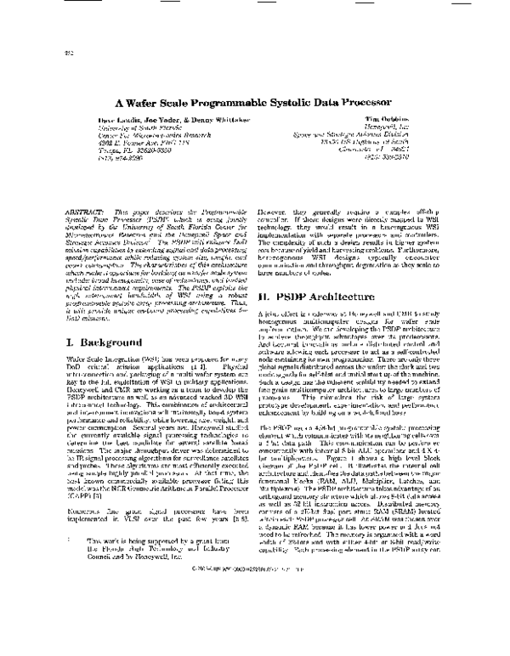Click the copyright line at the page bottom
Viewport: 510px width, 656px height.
(255, 634)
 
